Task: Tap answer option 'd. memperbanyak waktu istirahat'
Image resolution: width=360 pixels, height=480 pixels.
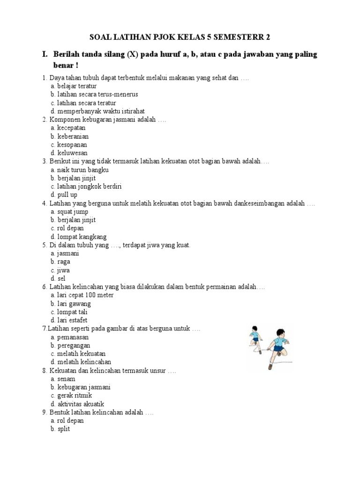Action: click(97, 111)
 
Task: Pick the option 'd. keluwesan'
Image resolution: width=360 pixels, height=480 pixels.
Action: click(69, 153)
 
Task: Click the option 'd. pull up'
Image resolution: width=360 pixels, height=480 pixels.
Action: click(64, 195)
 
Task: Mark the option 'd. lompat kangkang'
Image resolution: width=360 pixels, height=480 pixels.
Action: click(79, 237)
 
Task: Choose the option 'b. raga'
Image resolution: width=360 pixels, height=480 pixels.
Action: click(60, 262)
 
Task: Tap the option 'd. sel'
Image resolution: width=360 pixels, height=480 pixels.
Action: click(58, 278)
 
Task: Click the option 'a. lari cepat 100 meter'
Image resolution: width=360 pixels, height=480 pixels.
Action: click(82, 295)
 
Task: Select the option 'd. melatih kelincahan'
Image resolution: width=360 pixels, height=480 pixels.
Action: click(81, 362)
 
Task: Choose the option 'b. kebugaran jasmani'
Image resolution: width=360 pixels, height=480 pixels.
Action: click(81, 387)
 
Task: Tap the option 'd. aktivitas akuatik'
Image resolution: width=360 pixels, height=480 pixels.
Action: click(77, 404)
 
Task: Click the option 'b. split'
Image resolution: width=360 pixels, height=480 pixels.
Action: click(60, 429)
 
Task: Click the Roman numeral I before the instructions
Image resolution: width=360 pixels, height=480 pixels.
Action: click(45, 55)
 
